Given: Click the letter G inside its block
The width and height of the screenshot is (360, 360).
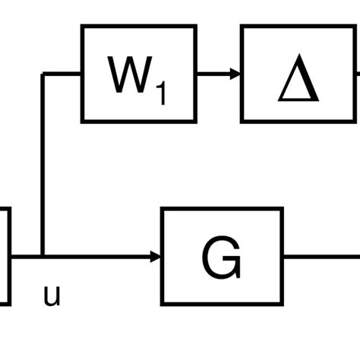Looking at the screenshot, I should pyautogui.click(x=222, y=257).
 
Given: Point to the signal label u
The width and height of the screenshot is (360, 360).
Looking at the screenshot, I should pyautogui.click(x=52, y=295).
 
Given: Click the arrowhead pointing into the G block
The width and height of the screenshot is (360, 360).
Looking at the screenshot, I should pyautogui.click(x=156, y=257).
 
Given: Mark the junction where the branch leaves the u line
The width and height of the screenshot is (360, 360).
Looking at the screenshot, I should pyautogui.click(x=44, y=257).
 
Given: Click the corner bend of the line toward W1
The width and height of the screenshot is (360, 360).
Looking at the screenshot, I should pyautogui.click(x=44, y=74).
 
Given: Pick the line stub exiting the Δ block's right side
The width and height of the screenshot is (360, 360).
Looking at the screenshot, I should pyautogui.click(x=356, y=74).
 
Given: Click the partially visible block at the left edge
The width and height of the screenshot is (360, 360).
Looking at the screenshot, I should pyautogui.click(x=4, y=257).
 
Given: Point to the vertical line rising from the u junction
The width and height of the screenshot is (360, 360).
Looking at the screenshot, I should pyautogui.click(x=44, y=167).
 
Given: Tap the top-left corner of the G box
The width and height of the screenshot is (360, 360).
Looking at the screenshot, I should pyautogui.click(x=163, y=209).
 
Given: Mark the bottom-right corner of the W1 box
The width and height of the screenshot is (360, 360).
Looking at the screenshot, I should pyautogui.click(x=195, y=121).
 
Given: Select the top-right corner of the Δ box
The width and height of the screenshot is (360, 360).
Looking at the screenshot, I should pyautogui.click(x=354, y=27).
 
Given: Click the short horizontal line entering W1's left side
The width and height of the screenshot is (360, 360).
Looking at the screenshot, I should pyautogui.click(x=63, y=74).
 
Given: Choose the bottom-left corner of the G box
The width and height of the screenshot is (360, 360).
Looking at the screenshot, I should pyautogui.click(x=163, y=305).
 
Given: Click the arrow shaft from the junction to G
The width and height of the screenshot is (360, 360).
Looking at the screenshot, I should pyautogui.click(x=99, y=257).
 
